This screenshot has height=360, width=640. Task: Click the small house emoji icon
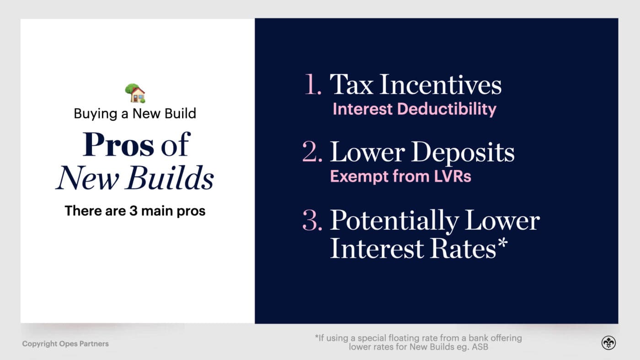[x=135, y=93]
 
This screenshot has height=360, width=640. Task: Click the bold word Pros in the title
[x=118, y=145]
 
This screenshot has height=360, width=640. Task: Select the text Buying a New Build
[x=135, y=113]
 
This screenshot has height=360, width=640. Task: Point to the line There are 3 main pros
[x=135, y=211]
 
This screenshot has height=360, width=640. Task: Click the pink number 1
[x=313, y=85]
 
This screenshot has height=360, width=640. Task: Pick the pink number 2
[x=313, y=152]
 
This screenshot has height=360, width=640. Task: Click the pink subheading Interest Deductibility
[x=414, y=109]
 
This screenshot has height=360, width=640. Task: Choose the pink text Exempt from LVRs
[x=400, y=176]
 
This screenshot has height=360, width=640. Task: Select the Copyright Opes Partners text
[x=65, y=344]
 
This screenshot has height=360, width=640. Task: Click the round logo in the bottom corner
[x=608, y=343]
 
